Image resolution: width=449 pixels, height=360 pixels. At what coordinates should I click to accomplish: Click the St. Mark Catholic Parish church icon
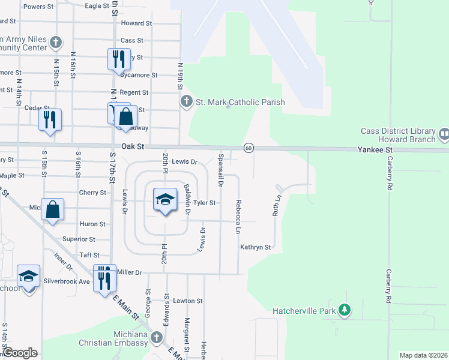click(x=187, y=102)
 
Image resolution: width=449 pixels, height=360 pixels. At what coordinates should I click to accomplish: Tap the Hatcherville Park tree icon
click(x=345, y=310)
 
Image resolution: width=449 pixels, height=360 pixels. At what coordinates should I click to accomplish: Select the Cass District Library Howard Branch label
click(x=398, y=136)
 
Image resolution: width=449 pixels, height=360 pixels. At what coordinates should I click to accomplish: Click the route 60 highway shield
click(x=249, y=148)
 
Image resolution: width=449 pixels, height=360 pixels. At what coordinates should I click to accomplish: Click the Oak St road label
click(x=133, y=146)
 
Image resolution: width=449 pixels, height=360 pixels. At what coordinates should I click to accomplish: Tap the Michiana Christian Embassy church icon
click(x=157, y=338)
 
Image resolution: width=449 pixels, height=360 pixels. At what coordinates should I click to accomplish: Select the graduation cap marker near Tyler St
click(x=165, y=199)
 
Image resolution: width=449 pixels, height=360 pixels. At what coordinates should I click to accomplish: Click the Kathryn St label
click(x=256, y=247)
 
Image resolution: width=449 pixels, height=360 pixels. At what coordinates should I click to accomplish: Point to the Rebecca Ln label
click(x=238, y=217)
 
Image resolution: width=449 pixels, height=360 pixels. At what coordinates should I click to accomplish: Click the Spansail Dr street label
click(x=221, y=170)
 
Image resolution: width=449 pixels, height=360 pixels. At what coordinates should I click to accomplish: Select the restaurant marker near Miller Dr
click(x=105, y=278)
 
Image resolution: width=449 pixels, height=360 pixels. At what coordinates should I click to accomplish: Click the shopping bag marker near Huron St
click(x=53, y=209)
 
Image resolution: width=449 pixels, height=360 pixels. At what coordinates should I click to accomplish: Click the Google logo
click(x=20, y=353)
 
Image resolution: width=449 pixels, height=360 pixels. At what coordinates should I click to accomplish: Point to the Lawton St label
click(x=188, y=301)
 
